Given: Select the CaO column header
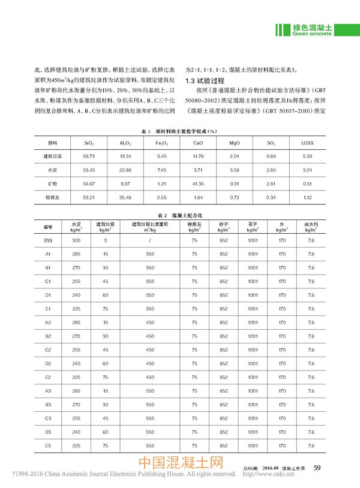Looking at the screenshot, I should (199, 143).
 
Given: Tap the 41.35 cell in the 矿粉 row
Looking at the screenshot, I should (199, 182).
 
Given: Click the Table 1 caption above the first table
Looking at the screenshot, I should (178, 131).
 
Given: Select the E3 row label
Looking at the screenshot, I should (48, 446).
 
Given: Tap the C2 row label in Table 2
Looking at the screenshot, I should (48, 350).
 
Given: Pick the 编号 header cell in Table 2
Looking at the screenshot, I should (48, 227).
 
